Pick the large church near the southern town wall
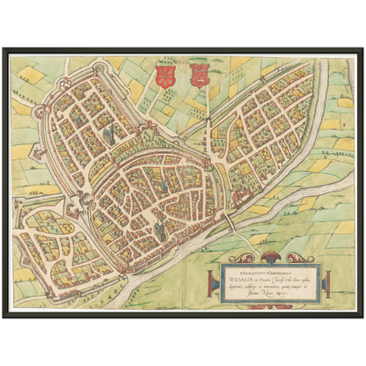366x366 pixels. point(160,226)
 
